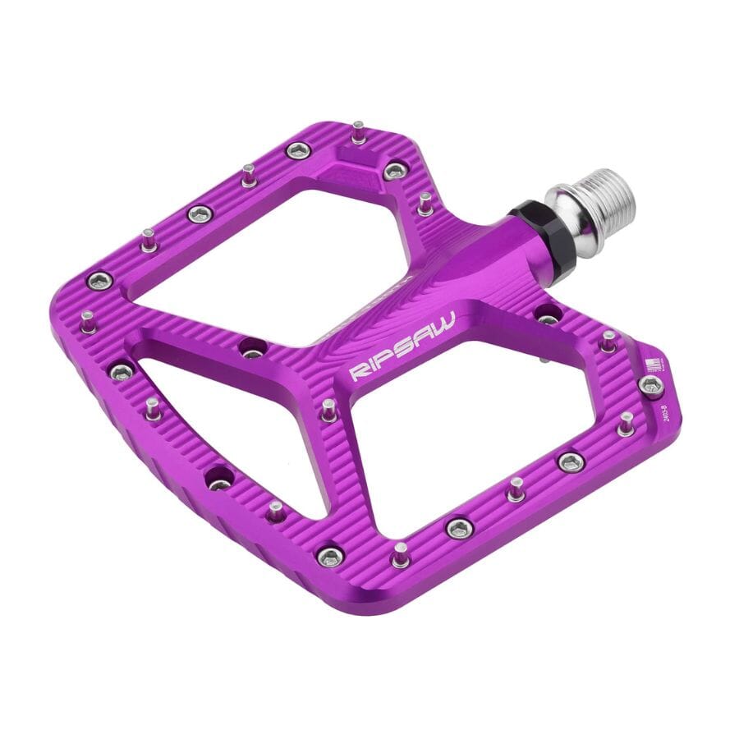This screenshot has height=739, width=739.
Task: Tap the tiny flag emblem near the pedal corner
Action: tap(653, 366)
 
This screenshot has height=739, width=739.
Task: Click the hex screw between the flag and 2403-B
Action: tap(651, 386)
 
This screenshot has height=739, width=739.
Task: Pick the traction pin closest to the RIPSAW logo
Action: tap(328, 408)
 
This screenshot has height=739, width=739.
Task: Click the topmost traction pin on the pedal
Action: tap(359, 131)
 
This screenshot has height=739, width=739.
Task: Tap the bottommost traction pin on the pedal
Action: tap(400, 554)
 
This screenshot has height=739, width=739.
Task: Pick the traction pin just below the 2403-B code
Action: tap(626, 423)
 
